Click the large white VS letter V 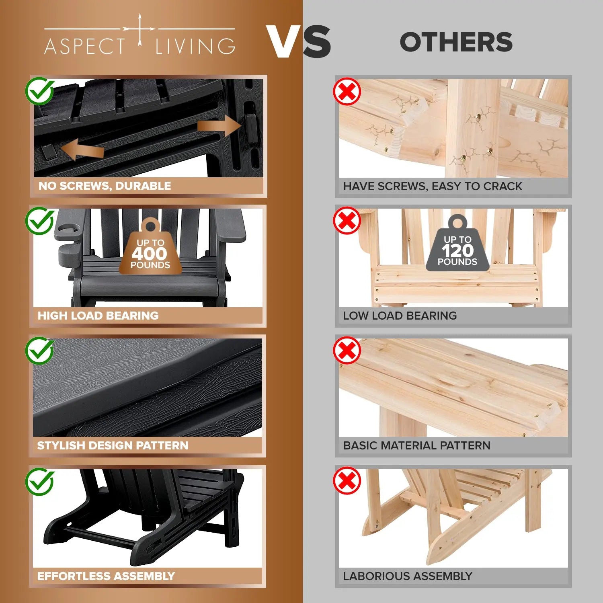click(x=284, y=41)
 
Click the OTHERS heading click(x=456, y=42)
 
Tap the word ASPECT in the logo click(x=85, y=46)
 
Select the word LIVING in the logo click(x=195, y=46)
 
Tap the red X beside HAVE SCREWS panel click(x=347, y=92)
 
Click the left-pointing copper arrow click(x=82, y=149)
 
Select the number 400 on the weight click(x=149, y=254)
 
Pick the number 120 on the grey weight click(x=457, y=251)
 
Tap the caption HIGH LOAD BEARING click(x=98, y=316)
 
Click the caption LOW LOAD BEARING click(x=400, y=316)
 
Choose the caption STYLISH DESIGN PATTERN click(x=113, y=445)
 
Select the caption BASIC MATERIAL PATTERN click(x=417, y=445)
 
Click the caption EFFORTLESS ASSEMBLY click(x=106, y=576)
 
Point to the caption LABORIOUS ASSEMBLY click(x=408, y=576)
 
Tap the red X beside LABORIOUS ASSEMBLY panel click(x=347, y=480)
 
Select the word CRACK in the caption click(x=503, y=186)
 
